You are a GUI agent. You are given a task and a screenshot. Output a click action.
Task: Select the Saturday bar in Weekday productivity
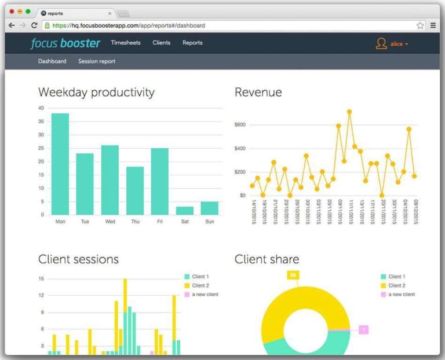(x=185, y=211)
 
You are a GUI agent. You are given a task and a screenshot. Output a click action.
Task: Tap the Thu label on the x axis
(x=135, y=222)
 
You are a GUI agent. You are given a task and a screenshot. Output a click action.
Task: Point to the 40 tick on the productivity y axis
(x=41, y=108)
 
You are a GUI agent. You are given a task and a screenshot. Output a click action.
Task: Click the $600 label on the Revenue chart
(x=240, y=125)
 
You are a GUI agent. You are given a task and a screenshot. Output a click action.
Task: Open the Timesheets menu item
(x=126, y=43)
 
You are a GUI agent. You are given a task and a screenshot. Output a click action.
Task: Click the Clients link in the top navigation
(x=162, y=43)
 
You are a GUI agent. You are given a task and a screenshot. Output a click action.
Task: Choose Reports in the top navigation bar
(x=192, y=43)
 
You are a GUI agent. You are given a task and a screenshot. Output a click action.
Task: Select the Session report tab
(x=97, y=61)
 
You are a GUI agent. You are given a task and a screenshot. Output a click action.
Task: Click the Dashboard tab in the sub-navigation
(x=52, y=61)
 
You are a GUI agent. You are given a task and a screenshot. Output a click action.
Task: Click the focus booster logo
(x=65, y=43)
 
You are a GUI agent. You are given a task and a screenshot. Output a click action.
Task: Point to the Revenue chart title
(x=258, y=93)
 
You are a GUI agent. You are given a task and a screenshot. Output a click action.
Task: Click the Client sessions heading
(x=78, y=259)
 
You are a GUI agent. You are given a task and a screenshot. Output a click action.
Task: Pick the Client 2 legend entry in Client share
(x=397, y=286)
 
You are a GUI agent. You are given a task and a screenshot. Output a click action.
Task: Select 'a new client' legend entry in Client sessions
(x=205, y=295)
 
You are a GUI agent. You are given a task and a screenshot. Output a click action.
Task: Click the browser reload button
(x=34, y=25)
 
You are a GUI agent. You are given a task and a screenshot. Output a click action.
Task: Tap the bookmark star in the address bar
(x=420, y=25)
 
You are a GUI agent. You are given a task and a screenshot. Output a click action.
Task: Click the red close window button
(x=12, y=12)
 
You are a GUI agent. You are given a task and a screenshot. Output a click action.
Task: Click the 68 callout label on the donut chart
(x=293, y=275)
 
